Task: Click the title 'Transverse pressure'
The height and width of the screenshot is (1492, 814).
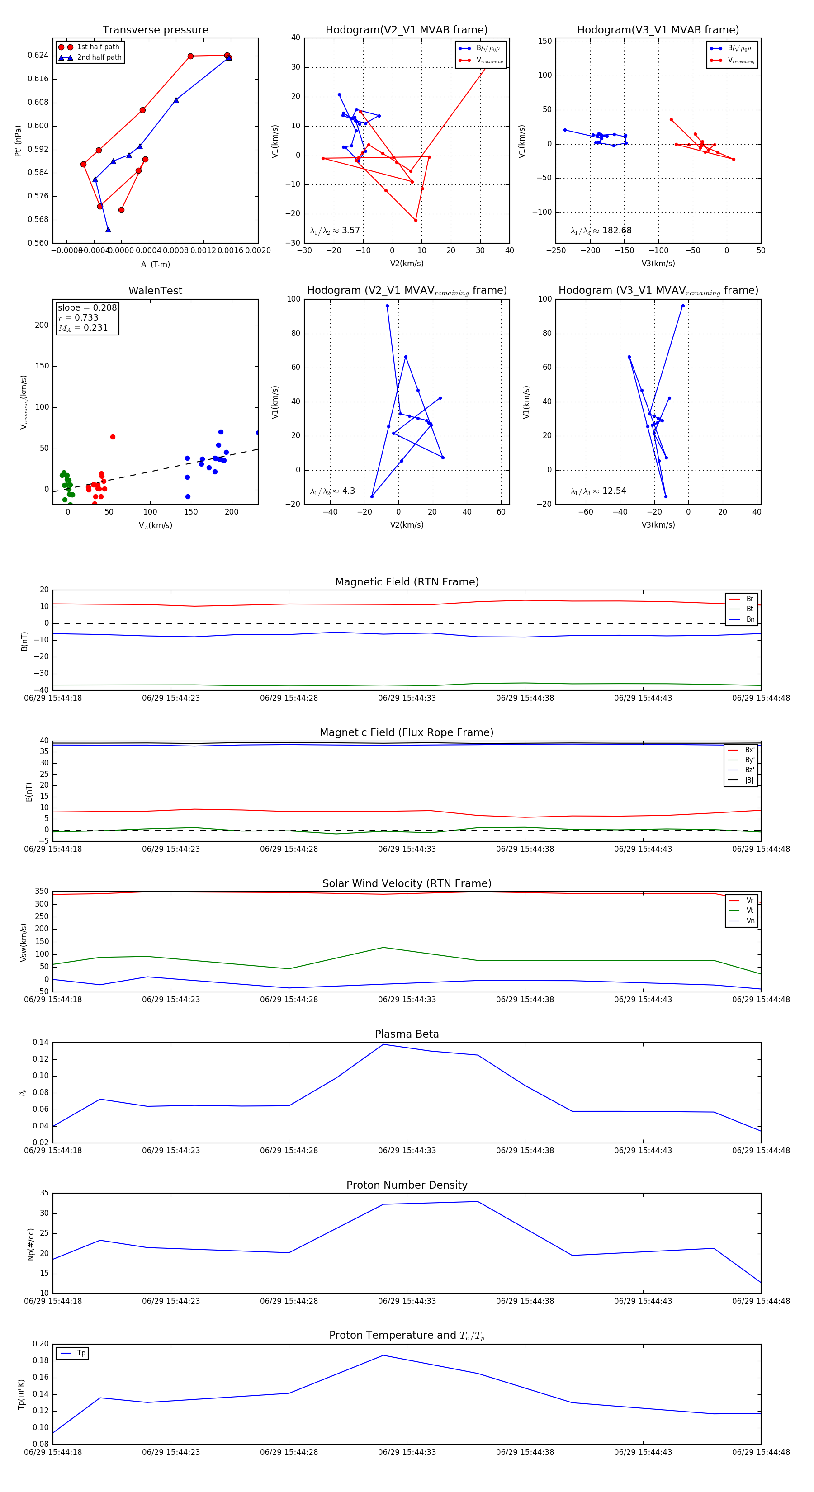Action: pyautogui.click(x=155, y=30)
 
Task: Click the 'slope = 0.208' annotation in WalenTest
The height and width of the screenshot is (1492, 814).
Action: pyautogui.click(x=87, y=307)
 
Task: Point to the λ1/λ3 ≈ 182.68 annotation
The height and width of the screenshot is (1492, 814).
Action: pyautogui.click(x=601, y=231)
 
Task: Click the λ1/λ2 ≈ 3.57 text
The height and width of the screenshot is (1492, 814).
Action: pyautogui.click(x=335, y=231)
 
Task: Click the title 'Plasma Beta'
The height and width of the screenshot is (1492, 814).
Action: pyautogui.click(x=407, y=1034)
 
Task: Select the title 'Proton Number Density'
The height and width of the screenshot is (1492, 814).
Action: pyautogui.click(x=407, y=1185)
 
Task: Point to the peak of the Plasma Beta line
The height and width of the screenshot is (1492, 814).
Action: pyautogui.click(x=383, y=1044)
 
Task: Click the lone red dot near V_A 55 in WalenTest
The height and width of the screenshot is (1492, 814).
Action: pyautogui.click(x=113, y=437)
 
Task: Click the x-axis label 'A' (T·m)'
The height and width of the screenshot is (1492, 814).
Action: pyautogui.click(x=155, y=264)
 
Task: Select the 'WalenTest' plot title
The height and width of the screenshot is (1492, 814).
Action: pyautogui.click(x=155, y=291)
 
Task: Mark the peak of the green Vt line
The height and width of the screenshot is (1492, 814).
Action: pyautogui.click(x=383, y=948)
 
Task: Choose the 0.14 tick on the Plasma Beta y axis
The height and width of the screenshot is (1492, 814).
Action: pyautogui.click(x=41, y=1043)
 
